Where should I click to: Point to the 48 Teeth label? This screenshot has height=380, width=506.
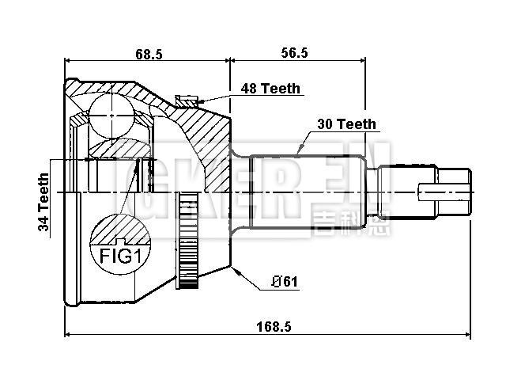click(270, 89)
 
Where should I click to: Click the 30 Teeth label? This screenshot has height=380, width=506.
click(346, 124)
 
